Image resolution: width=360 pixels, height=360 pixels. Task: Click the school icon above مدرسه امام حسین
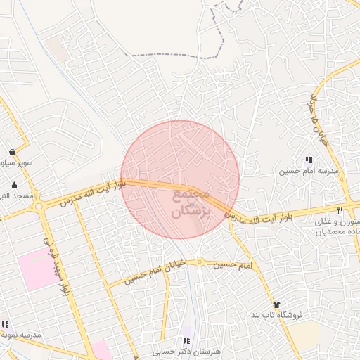coord(309,160)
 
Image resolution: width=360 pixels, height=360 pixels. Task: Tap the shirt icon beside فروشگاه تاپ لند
coord(276,305)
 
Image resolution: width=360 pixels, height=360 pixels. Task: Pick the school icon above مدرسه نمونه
coord(6,324)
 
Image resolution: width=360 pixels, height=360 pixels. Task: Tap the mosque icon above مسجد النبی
coord(14,186)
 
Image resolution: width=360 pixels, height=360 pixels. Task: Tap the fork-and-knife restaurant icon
coord(340,210)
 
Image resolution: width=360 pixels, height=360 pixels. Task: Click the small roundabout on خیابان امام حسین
coord(200,263)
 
